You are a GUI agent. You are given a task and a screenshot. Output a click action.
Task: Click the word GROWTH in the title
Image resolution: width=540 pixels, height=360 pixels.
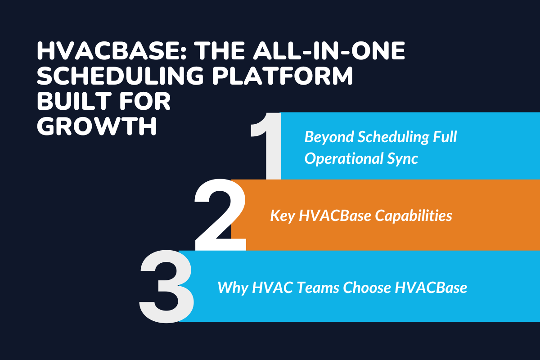pyautogui.click(x=97, y=126)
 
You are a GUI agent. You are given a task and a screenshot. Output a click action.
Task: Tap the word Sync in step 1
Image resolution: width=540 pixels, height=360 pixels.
pyautogui.click(x=404, y=158)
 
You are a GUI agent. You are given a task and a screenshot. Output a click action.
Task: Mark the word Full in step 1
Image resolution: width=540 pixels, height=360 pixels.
pyautogui.click(x=445, y=137)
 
